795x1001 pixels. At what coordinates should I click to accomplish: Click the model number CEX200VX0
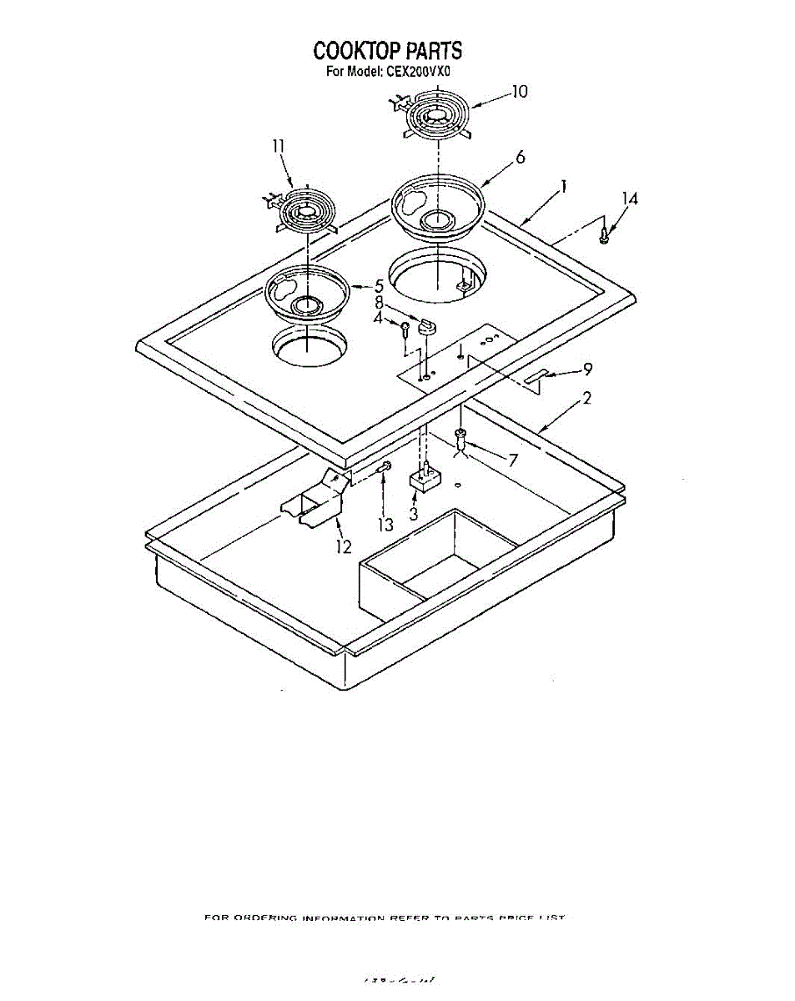(x=417, y=72)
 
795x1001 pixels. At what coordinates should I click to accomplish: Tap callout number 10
(x=519, y=92)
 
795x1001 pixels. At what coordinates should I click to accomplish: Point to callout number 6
(x=520, y=158)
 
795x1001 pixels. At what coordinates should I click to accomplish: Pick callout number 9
(x=587, y=368)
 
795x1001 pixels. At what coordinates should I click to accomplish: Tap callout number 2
(x=587, y=399)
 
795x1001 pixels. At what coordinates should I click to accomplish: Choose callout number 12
(x=344, y=546)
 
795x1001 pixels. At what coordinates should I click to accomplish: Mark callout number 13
(x=385, y=524)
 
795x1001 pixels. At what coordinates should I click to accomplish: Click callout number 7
(x=512, y=459)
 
